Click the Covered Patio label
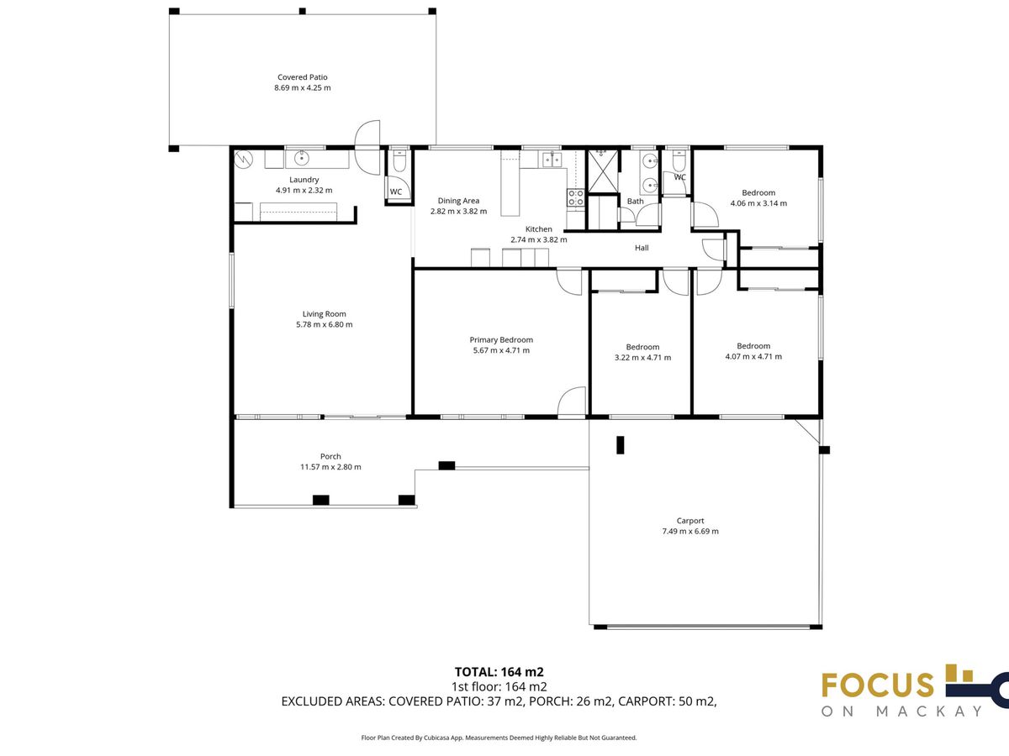tap(303, 77)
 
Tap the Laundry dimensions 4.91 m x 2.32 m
tap(304, 190)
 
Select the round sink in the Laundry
tap(302, 159)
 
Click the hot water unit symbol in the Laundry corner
tap(244, 160)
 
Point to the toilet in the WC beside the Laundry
tap(399, 160)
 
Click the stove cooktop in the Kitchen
tap(576, 198)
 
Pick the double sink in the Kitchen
tap(552, 160)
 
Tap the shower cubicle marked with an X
tap(603, 170)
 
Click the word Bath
tap(636, 201)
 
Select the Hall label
tap(642, 248)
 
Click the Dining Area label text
tap(458, 201)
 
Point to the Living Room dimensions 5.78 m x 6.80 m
tap(324, 324)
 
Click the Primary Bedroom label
tap(501, 339)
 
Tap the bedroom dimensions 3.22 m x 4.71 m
tap(642, 358)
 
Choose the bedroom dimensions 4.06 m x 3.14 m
tap(758, 203)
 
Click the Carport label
tap(690, 521)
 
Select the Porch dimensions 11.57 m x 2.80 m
tap(330, 467)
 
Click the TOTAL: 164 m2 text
tap(499, 672)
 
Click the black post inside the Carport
tap(620, 445)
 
